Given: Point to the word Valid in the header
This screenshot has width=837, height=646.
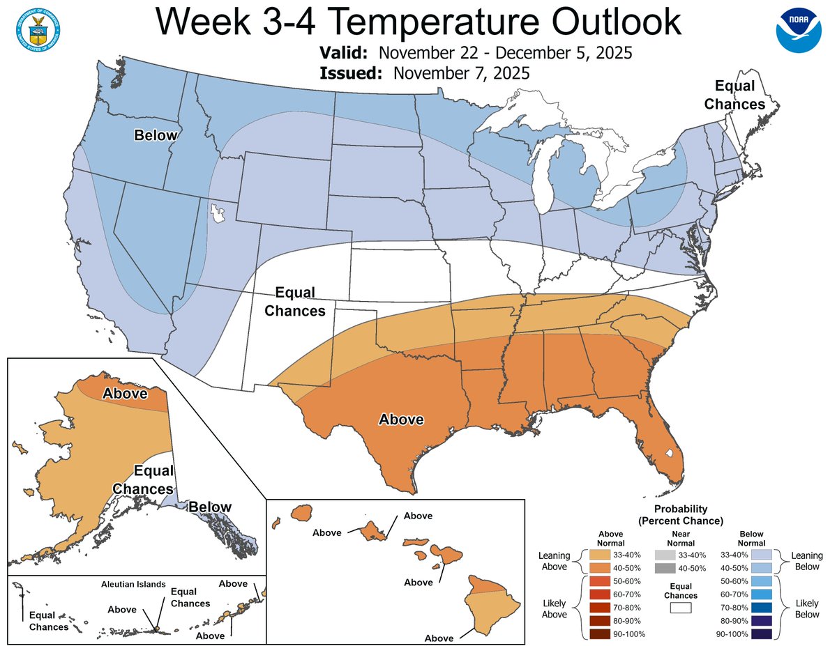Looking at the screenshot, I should click(x=345, y=54).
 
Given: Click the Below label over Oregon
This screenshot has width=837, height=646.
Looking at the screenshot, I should click(x=156, y=135).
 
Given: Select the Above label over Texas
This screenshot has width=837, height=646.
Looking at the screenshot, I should click(x=400, y=420).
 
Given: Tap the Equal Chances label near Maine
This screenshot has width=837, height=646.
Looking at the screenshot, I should click(x=734, y=95).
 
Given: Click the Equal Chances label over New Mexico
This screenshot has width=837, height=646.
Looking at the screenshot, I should click(x=294, y=302).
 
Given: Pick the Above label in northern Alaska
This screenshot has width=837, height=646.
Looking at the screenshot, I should click(x=125, y=393).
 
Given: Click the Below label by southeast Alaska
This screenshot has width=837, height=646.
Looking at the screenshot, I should click(x=211, y=507).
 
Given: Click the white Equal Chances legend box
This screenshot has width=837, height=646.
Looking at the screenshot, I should click(x=680, y=608).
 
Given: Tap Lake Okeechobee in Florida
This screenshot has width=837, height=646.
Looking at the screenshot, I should click(x=670, y=454).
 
